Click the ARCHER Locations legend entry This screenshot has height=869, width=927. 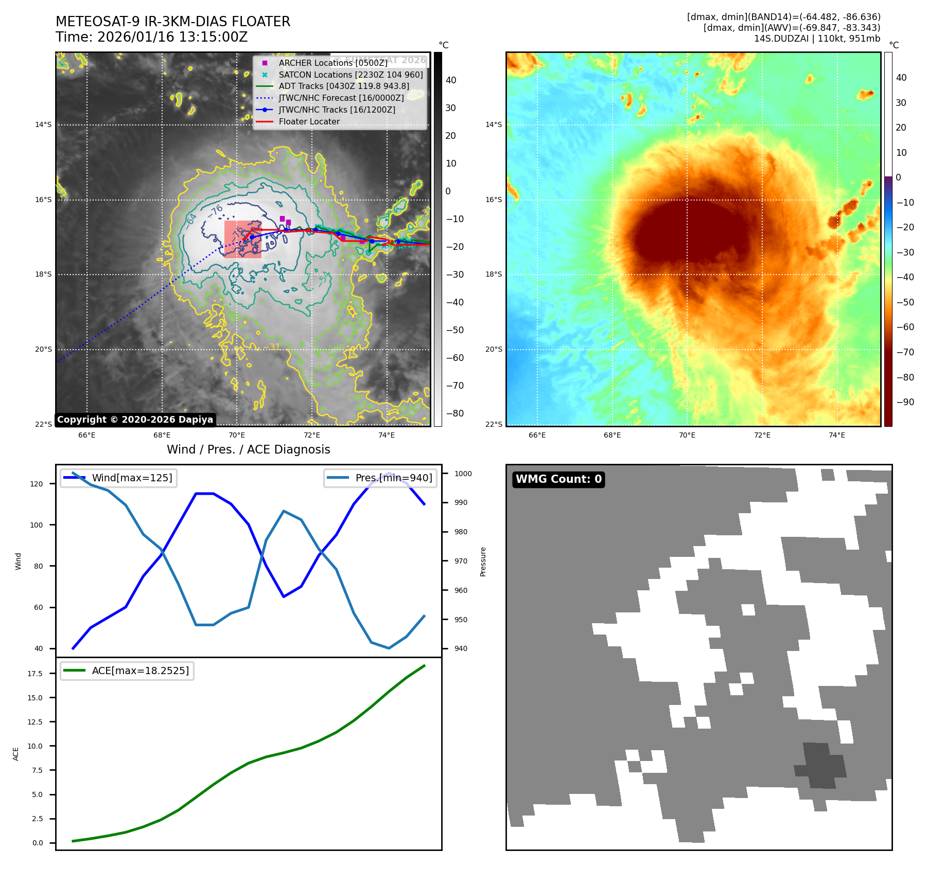333,63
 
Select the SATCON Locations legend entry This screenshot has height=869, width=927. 351,75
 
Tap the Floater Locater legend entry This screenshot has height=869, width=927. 309,122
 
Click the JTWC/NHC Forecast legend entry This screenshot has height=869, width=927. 341,98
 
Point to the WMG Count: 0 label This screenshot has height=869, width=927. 558,479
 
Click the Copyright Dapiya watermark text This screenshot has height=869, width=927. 135,420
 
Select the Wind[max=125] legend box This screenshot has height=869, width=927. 119,478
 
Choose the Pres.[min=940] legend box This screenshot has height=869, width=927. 380,478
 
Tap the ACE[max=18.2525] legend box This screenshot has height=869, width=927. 127,671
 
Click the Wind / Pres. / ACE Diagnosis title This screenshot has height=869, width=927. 248,449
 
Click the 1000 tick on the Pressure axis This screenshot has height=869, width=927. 463,474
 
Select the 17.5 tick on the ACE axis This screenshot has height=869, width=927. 35,674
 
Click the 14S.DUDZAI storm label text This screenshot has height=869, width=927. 817,39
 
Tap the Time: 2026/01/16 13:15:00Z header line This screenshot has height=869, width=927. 152,37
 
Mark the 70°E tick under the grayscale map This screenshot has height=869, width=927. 237,435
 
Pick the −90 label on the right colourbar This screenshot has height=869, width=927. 905,402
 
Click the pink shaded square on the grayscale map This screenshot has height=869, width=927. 243,239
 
